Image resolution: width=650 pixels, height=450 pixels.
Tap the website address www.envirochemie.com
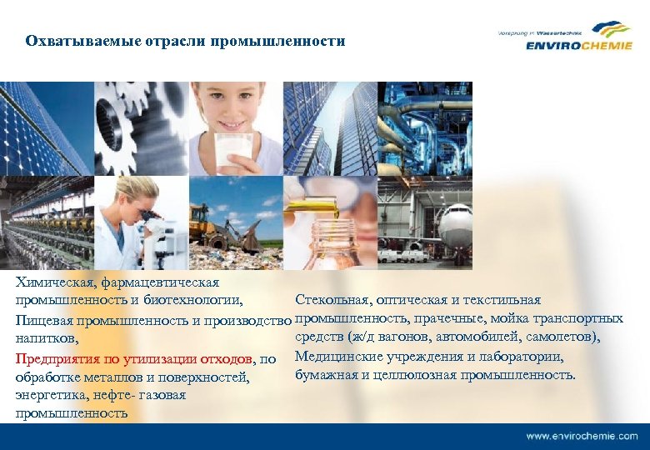pos(582,436)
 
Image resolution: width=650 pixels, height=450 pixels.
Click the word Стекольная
pos(332,299)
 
